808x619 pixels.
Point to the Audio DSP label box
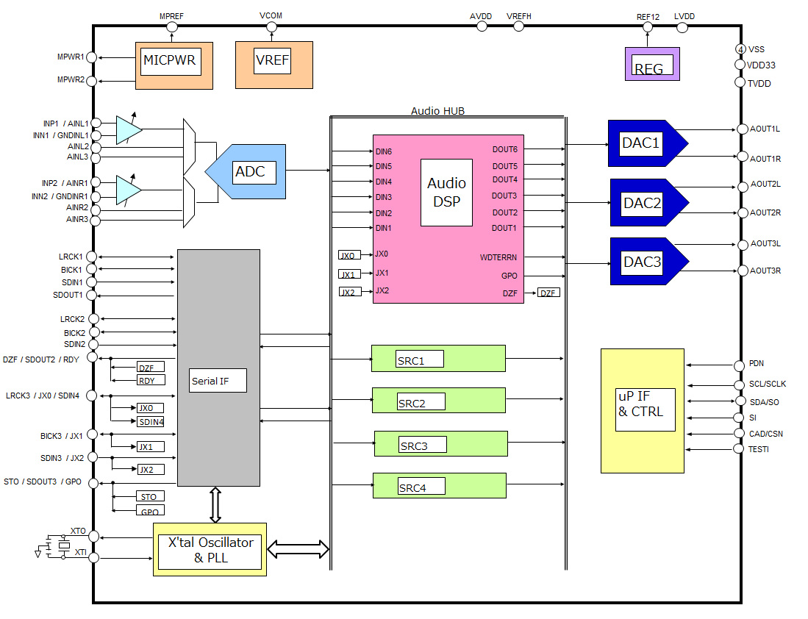click(446, 192)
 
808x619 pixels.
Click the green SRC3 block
click(440, 444)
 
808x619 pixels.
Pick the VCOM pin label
click(271, 15)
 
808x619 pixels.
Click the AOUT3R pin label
click(765, 271)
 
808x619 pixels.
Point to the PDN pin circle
click(740, 365)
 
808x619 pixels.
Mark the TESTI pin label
click(759, 449)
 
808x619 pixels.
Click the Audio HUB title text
click(437, 111)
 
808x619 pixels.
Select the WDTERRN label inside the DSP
click(498, 257)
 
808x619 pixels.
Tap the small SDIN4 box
click(151, 422)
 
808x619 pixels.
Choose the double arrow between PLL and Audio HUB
click(298, 548)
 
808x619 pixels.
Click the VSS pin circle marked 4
click(740, 49)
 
